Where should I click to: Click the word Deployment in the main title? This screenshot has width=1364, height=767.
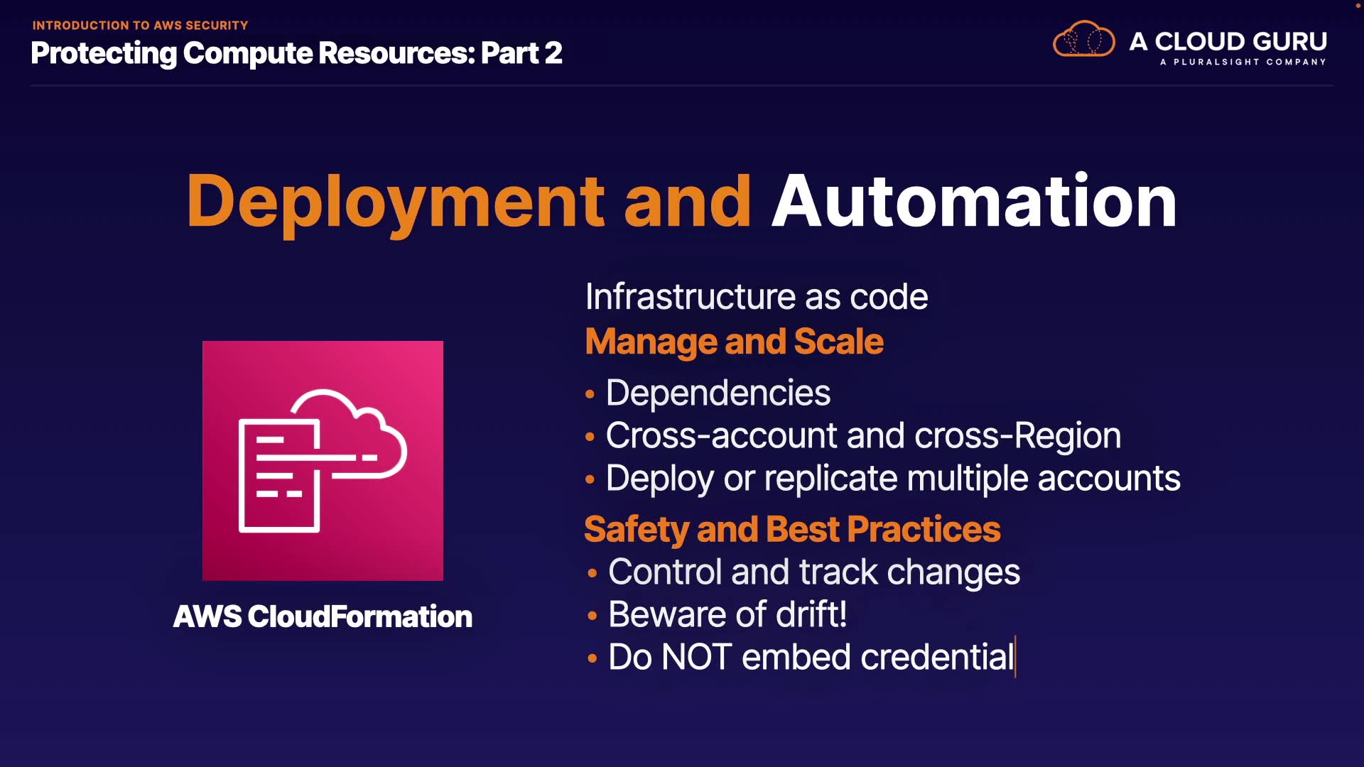pyautogui.click(x=396, y=203)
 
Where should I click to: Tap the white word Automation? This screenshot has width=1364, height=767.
pyautogui.click(x=974, y=202)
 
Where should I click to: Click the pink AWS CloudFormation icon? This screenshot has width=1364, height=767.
pyautogui.click(x=323, y=461)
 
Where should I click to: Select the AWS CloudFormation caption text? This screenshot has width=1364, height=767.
pyautogui.click(x=323, y=616)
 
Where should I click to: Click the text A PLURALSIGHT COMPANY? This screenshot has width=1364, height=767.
pyautogui.click(x=1243, y=62)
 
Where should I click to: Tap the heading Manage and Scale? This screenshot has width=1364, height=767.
pyautogui.click(x=734, y=342)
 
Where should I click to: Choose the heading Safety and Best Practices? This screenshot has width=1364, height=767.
pyautogui.click(x=792, y=529)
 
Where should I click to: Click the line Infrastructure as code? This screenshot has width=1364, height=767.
pyautogui.click(x=757, y=296)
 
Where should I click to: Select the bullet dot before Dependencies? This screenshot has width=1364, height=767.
pyautogui.click(x=590, y=393)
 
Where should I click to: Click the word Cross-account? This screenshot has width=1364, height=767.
pyautogui.click(x=721, y=435)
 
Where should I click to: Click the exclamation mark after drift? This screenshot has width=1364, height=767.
pyautogui.click(x=843, y=614)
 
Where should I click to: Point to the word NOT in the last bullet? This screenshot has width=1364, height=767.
pyautogui.click(x=696, y=657)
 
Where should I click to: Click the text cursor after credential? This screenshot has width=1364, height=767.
pyautogui.click(x=1016, y=657)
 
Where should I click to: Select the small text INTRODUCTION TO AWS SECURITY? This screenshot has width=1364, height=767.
pyautogui.click(x=140, y=26)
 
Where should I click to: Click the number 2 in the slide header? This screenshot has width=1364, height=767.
pyautogui.click(x=553, y=53)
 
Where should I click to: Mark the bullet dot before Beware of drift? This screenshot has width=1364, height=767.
pyautogui.click(x=592, y=615)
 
